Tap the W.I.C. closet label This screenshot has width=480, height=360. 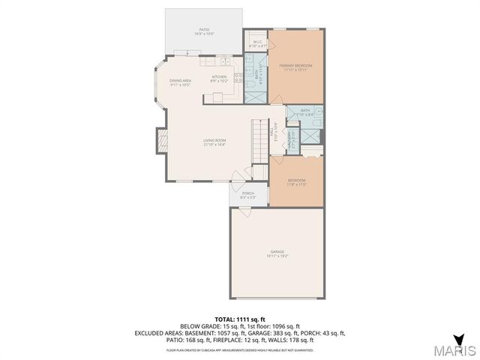256,43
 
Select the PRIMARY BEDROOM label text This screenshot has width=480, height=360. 295,67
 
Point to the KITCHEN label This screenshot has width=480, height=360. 219,78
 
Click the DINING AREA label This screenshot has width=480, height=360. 180,82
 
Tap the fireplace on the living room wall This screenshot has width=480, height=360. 160,140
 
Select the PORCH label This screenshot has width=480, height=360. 247,195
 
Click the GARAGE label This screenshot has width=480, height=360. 277,253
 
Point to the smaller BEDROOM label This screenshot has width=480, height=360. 296,181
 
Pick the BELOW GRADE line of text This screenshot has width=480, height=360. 240,326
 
